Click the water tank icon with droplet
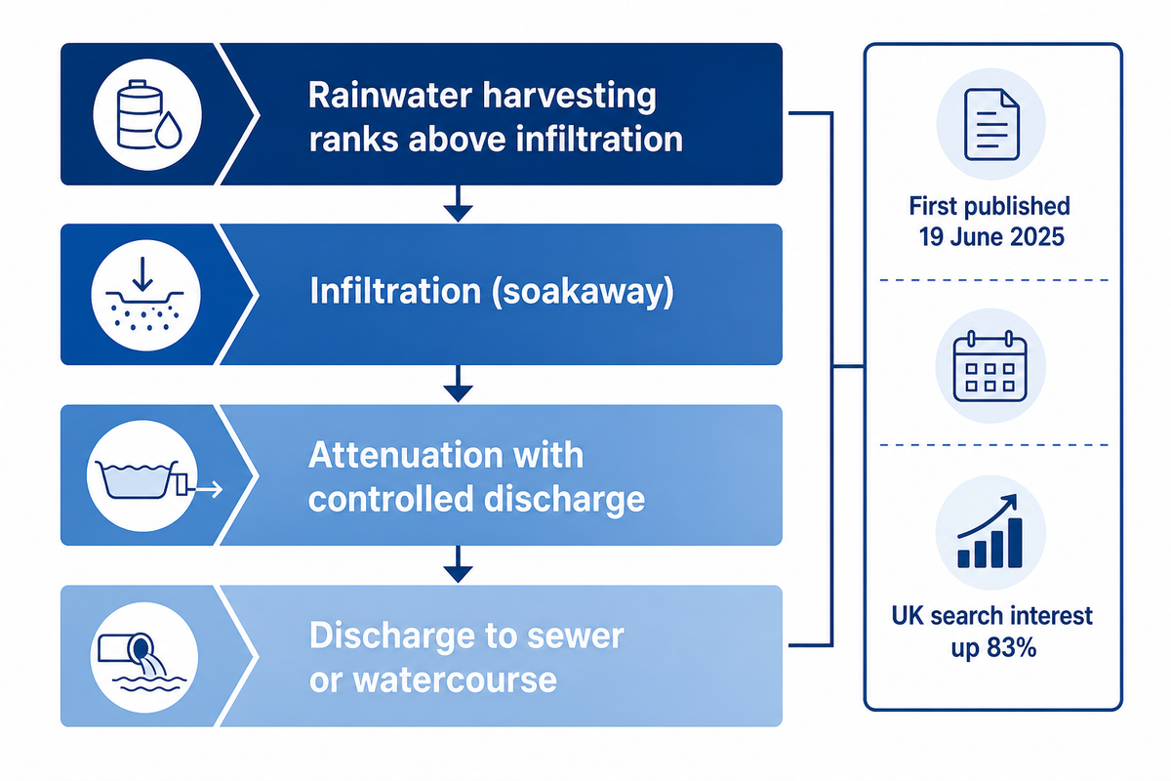tap(149, 114)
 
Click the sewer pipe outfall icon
tap(142, 661)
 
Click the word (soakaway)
tap(583, 291)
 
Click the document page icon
tap(991, 124)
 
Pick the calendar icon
tap(990, 366)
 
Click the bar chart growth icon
tap(989, 531)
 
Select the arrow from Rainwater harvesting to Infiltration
tap(458, 203)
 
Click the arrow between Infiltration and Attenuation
tap(458, 384)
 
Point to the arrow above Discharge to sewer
tap(458, 564)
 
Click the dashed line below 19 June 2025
tap(993, 280)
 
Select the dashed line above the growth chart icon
tap(993, 445)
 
